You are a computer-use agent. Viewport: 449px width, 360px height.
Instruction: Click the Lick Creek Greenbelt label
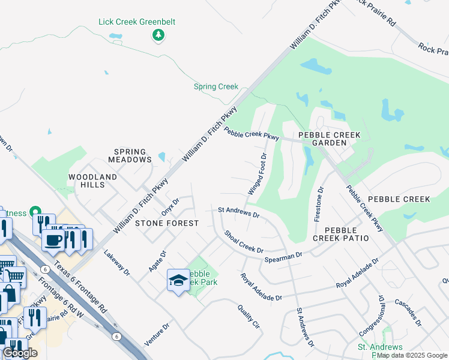137,22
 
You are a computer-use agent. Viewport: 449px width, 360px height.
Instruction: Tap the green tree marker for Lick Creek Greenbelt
158,35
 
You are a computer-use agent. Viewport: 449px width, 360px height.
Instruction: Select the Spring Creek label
216,86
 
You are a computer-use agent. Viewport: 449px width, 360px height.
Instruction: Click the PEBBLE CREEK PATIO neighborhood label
340,234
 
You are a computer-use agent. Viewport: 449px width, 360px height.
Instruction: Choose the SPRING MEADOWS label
130,156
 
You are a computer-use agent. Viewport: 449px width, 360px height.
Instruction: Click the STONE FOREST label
167,223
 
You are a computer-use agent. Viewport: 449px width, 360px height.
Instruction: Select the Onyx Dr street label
170,207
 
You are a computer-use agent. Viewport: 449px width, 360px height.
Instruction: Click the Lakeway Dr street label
116,263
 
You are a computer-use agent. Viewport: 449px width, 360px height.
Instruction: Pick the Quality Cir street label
248,317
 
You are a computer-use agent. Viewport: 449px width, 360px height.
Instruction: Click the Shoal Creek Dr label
244,241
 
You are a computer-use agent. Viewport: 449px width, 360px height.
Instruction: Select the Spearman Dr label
283,257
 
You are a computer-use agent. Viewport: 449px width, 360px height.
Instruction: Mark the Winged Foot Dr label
257,174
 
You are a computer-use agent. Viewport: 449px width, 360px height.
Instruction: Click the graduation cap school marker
178,280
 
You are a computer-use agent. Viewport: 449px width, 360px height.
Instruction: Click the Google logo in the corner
20,353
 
